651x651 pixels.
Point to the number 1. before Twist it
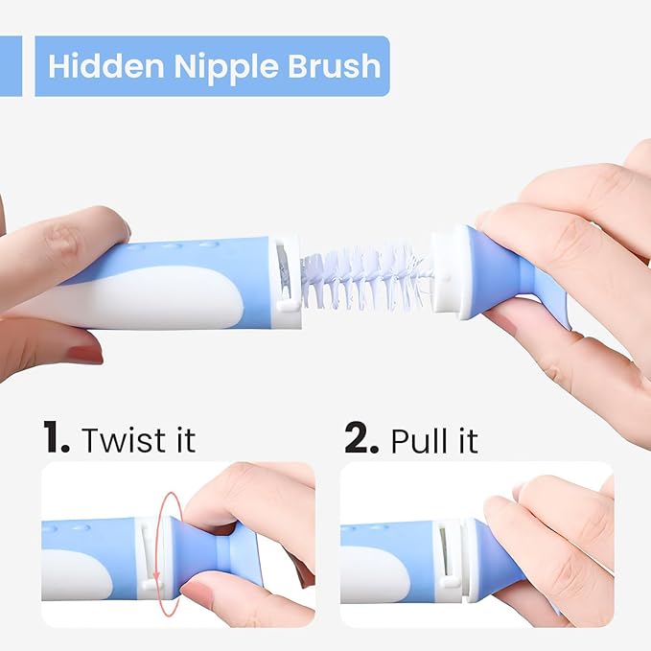pos(56,439)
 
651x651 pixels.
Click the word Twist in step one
pos(117,440)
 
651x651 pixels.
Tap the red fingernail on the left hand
pos(84,354)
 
